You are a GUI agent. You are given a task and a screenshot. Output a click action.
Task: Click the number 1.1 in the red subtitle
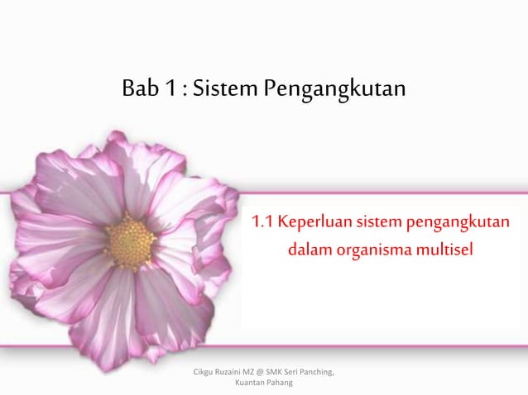tap(263, 222)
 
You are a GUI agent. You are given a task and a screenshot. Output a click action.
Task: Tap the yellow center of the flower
tap(131, 242)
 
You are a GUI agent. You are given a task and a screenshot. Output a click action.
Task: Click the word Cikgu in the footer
tap(204, 372)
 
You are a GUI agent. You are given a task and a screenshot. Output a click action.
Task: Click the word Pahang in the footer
tap(285, 383)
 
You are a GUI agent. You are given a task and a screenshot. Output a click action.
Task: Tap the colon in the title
tap(181, 88)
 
